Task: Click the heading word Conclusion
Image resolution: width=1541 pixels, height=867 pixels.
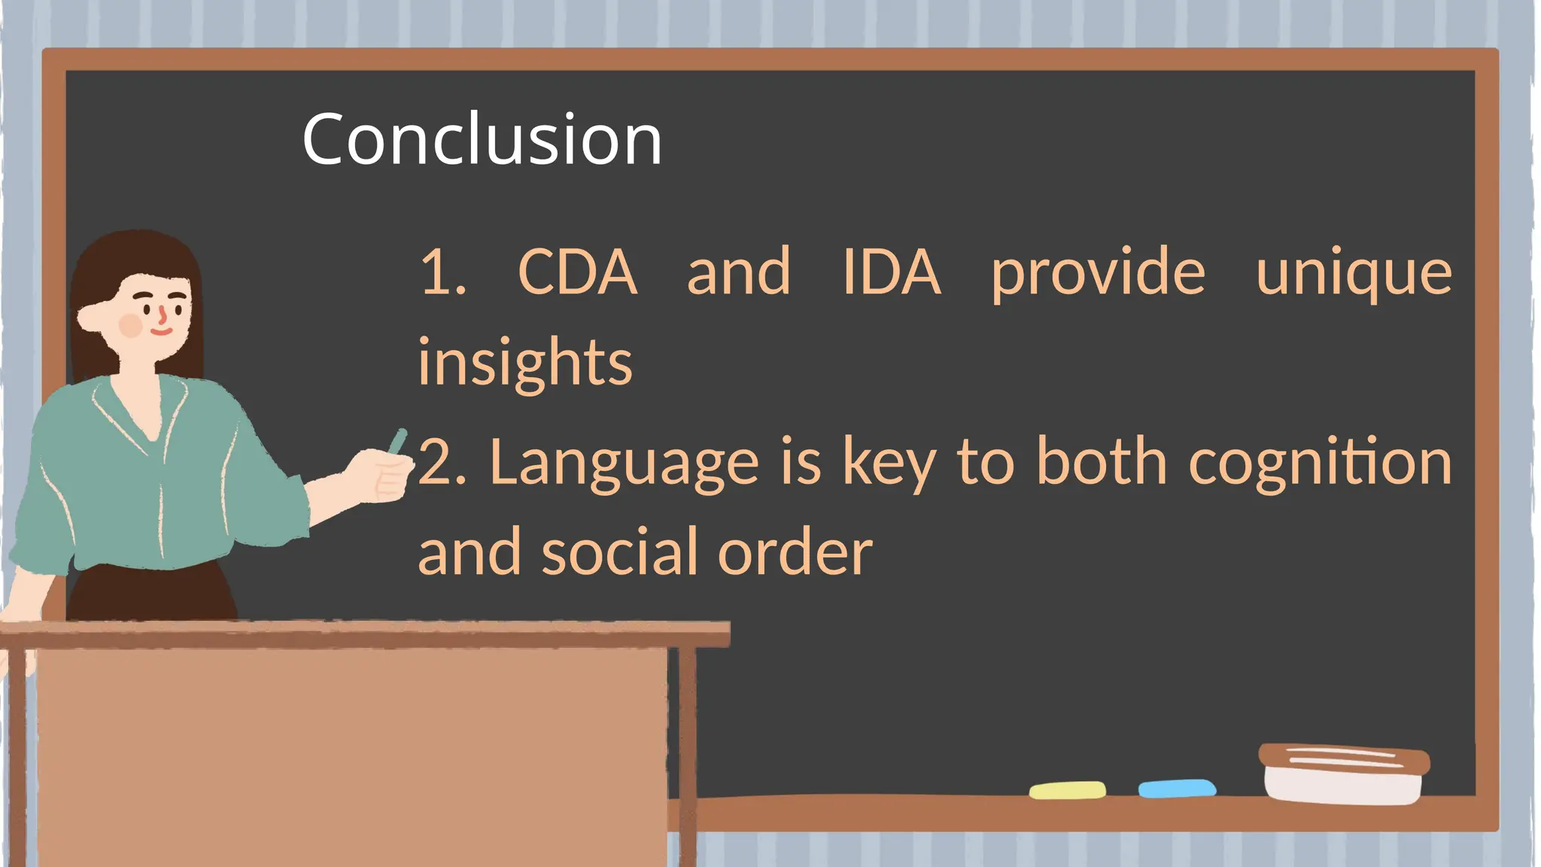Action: click(x=482, y=139)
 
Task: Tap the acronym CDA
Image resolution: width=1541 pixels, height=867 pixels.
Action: click(x=577, y=272)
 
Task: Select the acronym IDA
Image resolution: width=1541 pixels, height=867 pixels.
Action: click(x=891, y=272)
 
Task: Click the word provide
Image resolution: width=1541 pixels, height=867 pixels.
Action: click(x=1098, y=272)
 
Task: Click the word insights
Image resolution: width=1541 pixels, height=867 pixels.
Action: click(x=525, y=363)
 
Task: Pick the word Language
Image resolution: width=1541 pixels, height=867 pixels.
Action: click(x=624, y=464)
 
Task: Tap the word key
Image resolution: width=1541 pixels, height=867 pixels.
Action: click(x=889, y=464)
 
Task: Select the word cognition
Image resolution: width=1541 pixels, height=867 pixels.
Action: click(x=1320, y=464)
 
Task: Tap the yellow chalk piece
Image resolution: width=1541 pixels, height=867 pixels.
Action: click(x=1067, y=790)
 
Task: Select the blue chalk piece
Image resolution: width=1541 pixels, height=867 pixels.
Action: click(x=1177, y=789)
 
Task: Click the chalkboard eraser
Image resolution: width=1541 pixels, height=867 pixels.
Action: click(x=1344, y=773)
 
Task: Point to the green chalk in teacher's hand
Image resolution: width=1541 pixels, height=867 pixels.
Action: click(x=397, y=442)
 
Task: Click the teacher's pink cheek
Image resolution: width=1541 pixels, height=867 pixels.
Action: click(x=131, y=326)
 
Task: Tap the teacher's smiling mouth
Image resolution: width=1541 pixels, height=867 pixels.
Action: click(x=161, y=330)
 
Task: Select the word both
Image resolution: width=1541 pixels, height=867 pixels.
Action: click(x=1102, y=462)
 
